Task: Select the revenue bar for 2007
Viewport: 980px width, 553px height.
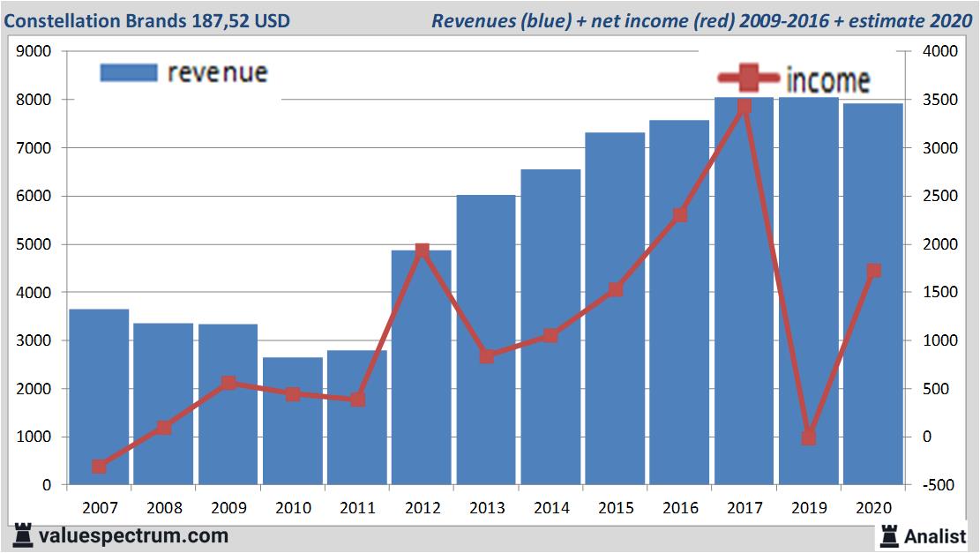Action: click(x=99, y=397)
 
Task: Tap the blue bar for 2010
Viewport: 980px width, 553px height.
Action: click(x=293, y=422)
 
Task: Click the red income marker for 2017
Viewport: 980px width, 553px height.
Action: click(x=744, y=107)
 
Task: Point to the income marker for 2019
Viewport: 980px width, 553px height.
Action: click(x=809, y=437)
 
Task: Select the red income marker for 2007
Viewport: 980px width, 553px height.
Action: click(x=99, y=467)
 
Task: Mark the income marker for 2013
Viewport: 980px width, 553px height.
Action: click(x=486, y=356)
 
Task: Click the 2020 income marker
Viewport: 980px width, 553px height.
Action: click(x=873, y=271)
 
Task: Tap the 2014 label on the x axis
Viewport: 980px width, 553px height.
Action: click(x=550, y=508)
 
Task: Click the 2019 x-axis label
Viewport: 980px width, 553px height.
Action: click(x=809, y=508)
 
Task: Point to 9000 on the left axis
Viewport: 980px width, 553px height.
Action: click(x=34, y=52)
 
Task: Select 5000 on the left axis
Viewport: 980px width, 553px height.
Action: click(x=34, y=244)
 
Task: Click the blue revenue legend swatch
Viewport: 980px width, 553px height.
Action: click(x=129, y=72)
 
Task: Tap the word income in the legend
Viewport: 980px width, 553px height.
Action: click(x=827, y=80)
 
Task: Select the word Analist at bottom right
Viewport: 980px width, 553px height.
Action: click(x=935, y=535)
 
